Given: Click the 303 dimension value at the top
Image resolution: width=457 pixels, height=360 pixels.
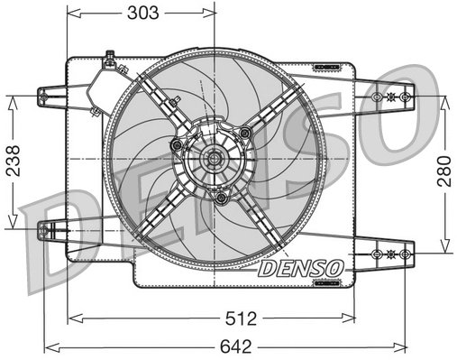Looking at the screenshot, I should tap(142, 13).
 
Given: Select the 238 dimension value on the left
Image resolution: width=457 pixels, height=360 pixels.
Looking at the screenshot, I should tap(10, 162).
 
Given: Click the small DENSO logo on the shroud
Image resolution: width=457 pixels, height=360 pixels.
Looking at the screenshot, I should tap(299, 269).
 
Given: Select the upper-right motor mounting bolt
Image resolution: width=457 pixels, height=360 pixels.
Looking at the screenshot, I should tap(244, 134).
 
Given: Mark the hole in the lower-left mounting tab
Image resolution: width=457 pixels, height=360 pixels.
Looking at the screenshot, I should tap(42, 230).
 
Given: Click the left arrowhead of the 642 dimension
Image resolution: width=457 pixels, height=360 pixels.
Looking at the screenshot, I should tap(50, 345).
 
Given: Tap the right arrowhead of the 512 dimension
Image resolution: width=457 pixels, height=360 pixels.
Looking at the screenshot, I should tap(352, 318).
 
